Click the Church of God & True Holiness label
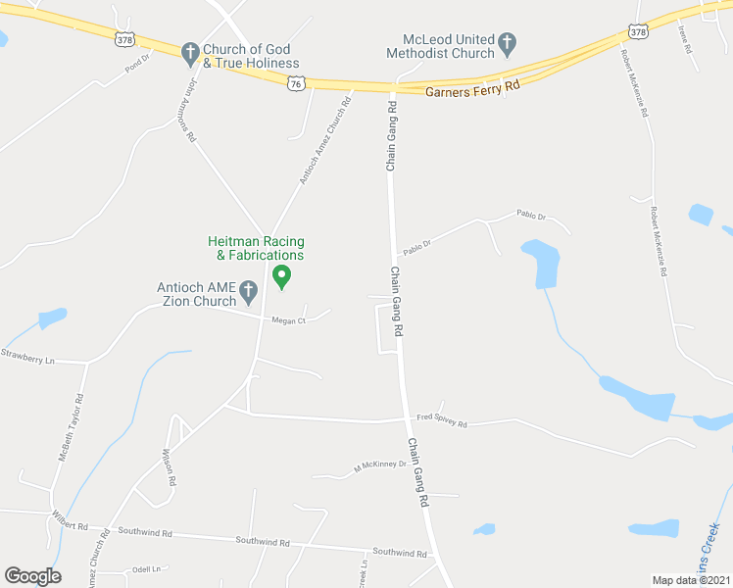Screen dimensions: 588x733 pyautogui.click(x=252, y=56)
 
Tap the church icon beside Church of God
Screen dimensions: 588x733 pyautogui.click(x=189, y=50)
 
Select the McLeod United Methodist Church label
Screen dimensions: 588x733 pyautogui.click(x=440, y=46)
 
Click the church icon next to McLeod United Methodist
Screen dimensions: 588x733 pyautogui.click(x=507, y=42)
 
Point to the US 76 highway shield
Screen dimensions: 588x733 pyautogui.click(x=297, y=84)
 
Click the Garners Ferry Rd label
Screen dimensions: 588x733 pyautogui.click(x=472, y=91)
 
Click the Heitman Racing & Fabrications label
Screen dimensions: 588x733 pyautogui.click(x=256, y=248)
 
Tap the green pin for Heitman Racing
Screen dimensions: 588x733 pyautogui.click(x=281, y=277)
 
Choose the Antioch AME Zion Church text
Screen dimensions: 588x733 pyautogui.click(x=197, y=295)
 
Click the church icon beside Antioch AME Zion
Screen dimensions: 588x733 pyautogui.click(x=249, y=290)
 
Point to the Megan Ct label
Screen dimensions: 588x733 pyautogui.click(x=289, y=319)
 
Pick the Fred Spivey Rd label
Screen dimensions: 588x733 pyautogui.click(x=442, y=423)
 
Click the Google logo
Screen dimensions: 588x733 pyautogui.click(x=32, y=575)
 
